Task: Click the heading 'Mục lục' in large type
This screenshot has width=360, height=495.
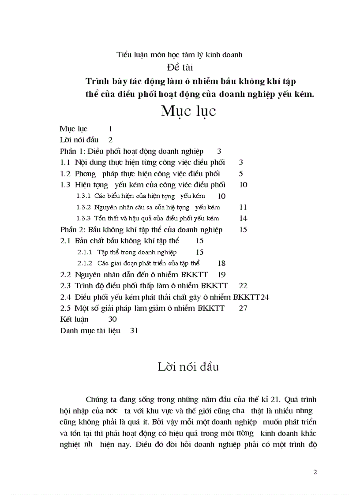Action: [188, 111]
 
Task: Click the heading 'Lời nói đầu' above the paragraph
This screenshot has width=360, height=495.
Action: [188, 367]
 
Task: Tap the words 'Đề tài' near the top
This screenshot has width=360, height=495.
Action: [180, 67]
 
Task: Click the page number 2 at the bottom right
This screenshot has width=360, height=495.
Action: [315, 472]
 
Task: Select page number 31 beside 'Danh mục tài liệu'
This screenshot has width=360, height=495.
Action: [134, 331]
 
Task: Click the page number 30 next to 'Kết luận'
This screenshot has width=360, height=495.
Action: [112, 319]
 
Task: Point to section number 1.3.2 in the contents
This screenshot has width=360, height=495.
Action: [83, 207]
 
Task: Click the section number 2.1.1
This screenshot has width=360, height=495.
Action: [84, 252]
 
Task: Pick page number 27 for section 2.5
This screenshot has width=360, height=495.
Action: [243, 308]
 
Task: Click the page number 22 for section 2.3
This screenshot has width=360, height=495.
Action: [242, 286]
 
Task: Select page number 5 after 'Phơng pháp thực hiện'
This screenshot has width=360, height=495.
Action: [241, 174]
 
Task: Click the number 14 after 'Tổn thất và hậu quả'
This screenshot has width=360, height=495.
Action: [243, 218]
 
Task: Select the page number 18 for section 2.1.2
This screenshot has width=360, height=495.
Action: [221, 263]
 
